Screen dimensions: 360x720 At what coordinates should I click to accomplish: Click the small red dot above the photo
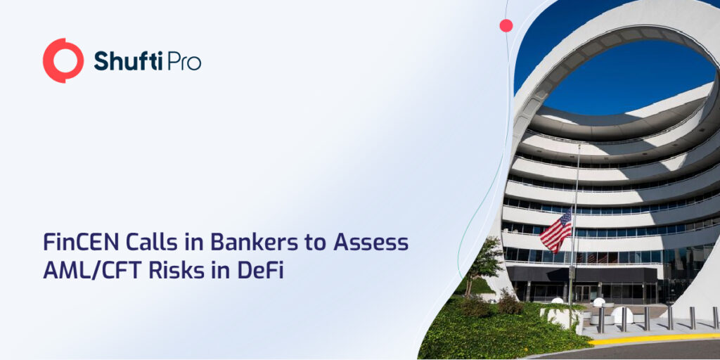pyautogui.click(x=506, y=25)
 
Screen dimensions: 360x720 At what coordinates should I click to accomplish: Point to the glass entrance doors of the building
pyautogui.click(x=584, y=292)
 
